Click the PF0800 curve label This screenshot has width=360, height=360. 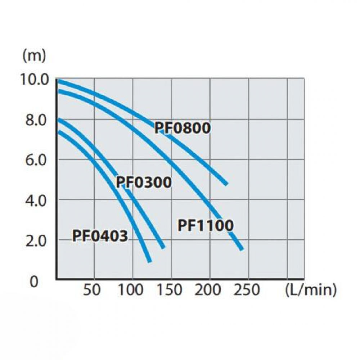pyautogui.click(x=182, y=128)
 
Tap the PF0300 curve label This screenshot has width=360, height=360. pyautogui.click(x=144, y=183)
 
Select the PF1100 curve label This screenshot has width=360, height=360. pyautogui.click(x=206, y=226)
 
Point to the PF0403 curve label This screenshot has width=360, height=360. pyautogui.click(x=100, y=236)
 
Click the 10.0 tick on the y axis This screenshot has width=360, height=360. pyautogui.click(x=35, y=79)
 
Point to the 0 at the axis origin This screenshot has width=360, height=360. pyautogui.click(x=34, y=282)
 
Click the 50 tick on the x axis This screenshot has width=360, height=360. pyautogui.click(x=92, y=290)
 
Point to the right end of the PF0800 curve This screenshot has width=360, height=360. pyautogui.click(x=226, y=184)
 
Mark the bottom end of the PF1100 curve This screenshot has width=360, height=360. pyautogui.click(x=242, y=248)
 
